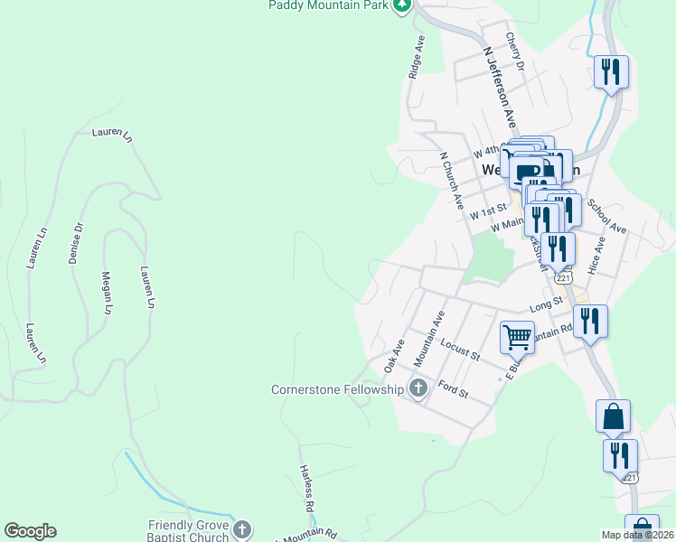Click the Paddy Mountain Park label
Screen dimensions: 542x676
point(329,5)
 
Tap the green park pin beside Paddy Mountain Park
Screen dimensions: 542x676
point(403,5)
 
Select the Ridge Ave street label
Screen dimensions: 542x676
point(417,58)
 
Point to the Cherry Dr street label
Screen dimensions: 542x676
point(515,51)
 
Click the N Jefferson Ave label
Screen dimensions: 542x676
point(504,88)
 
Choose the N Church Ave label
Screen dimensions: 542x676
point(452,180)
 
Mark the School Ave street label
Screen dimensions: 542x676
point(606,216)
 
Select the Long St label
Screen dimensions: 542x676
point(546,305)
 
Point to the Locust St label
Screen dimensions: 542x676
point(460,350)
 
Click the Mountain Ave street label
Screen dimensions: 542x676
point(430,338)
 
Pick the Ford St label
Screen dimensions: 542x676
point(452,391)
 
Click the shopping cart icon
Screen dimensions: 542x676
point(517,337)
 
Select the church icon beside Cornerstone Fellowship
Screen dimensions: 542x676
point(418,389)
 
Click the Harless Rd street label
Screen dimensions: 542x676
point(305,489)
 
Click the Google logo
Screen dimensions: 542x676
point(30,531)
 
